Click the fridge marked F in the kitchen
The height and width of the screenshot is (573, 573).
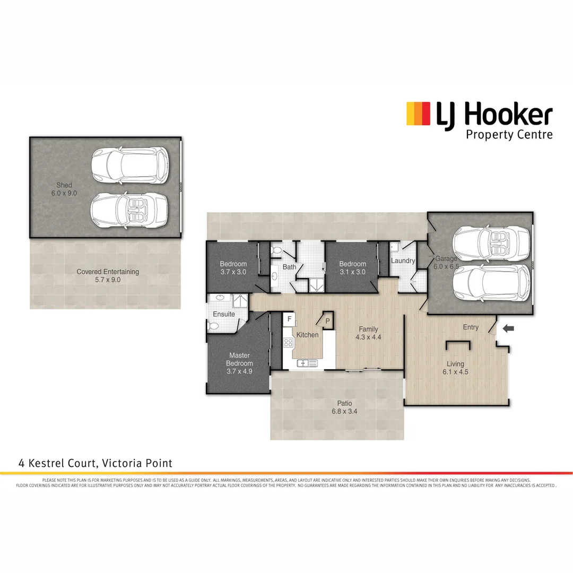point(290,319)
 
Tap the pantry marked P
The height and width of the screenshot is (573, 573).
point(327,321)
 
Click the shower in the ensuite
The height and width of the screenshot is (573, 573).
point(238,302)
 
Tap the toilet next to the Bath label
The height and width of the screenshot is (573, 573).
point(275,249)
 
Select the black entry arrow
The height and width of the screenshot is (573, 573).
point(508,329)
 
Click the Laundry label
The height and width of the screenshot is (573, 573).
point(403,261)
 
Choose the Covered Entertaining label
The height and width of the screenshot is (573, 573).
point(108,272)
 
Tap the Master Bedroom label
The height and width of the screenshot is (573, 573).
point(239,359)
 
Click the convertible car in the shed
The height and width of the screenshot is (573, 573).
point(129,211)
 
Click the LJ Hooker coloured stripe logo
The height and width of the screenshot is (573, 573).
point(418,114)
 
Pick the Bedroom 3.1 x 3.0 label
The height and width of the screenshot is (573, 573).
point(353,264)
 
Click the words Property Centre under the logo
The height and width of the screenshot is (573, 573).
point(509,135)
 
